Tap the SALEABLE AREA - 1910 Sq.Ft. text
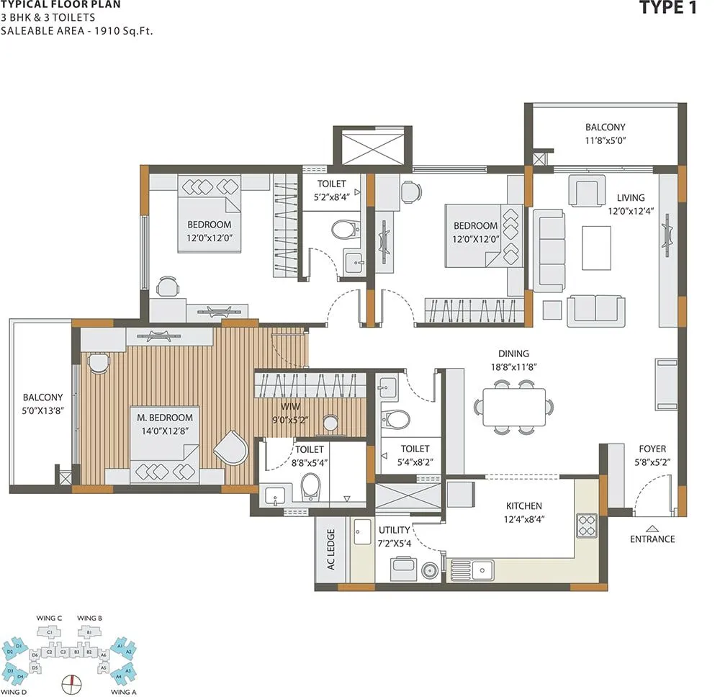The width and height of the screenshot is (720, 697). tap(77, 30)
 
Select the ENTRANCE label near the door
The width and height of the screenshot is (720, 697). tap(652, 539)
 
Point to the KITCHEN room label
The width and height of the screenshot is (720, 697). tap(523, 505)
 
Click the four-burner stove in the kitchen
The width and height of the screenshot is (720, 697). tap(587, 524)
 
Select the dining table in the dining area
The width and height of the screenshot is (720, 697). tap(514, 407)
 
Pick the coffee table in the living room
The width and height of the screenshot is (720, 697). tap(596, 248)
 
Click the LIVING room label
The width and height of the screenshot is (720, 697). tap(631, 197)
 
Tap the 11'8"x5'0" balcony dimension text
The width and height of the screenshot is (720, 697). tap(605, 141)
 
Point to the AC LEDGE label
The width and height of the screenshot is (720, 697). tap(331, 550)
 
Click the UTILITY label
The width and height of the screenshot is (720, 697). tap(394, 530)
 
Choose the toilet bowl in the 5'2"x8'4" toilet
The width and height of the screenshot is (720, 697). tap(344, 230)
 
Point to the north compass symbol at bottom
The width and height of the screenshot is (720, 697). tap(71, 682)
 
